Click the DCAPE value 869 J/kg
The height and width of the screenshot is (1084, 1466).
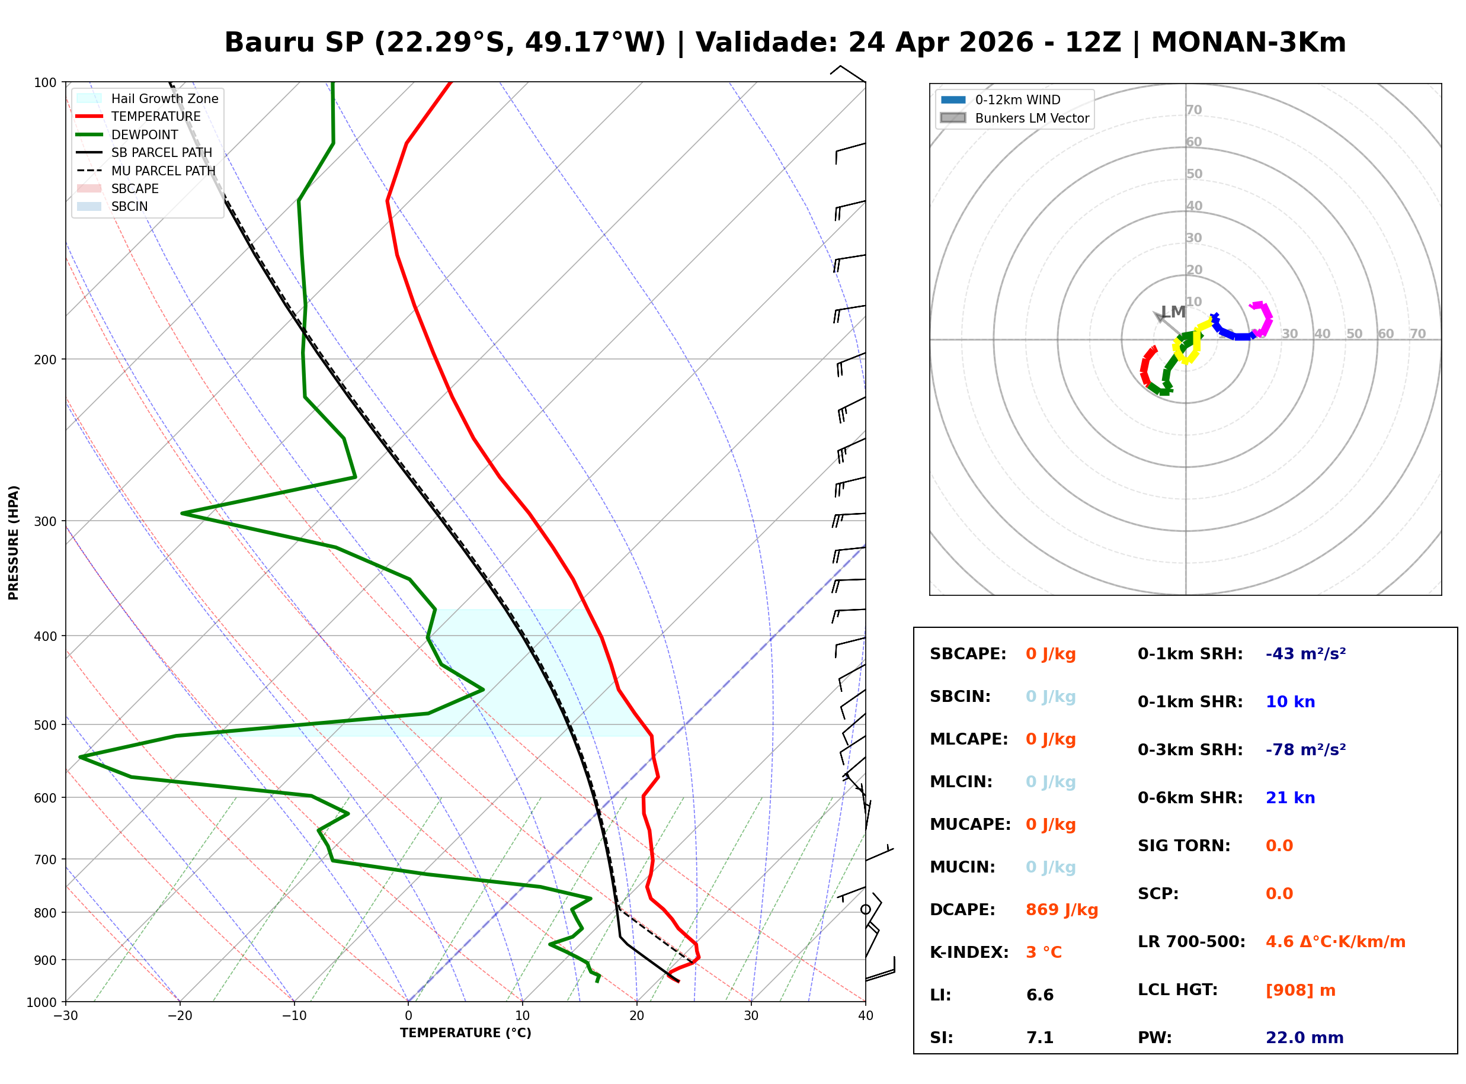pos(1061,909)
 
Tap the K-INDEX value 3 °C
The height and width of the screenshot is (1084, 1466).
pos(1044,952)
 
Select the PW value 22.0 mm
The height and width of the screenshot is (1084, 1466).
pos(1304,1037)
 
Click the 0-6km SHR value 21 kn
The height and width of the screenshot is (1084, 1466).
pos(1289,797)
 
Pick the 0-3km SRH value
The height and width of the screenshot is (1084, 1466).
pos(1305,749)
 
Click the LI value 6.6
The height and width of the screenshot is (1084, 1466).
pos(1039,995)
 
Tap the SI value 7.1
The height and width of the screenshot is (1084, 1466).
pos(1039,1037)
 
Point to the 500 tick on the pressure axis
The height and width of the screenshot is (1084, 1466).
pos(45,725)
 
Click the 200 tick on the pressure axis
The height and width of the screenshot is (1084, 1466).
pos(45,360)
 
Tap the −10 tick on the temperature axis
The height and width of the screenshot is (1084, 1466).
pos(293,1016)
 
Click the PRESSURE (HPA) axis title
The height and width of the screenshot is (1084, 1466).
pos(14,542)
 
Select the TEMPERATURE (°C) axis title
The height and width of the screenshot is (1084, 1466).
pos(465,1033)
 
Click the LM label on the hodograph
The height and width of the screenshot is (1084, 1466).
pos(1173,312)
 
